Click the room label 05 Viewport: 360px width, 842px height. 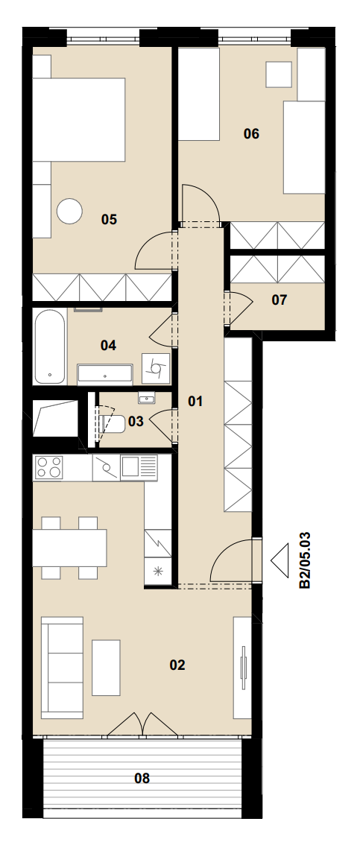[x=109, y=219]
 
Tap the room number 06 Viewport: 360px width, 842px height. [x=251, y=133]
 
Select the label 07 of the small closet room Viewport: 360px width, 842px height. [x=279, y=300]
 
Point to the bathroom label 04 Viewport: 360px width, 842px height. [x=109, y=345]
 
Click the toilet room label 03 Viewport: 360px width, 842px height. [x=136, y=422]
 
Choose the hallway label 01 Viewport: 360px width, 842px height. [x=195, y=401]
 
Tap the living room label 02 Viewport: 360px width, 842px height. [x=177, y=665]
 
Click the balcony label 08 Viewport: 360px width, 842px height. [x=142, y=778]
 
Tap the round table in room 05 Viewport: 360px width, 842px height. [x=70, y=211]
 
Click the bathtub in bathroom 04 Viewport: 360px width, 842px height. [x=50, y=347]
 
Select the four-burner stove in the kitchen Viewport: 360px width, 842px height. [x=48, y=468]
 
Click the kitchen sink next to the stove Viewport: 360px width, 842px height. [x=139, y=467]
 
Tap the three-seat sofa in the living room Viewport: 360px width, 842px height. [x=63, y=668]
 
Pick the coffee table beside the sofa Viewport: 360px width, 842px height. [x=106, y=668]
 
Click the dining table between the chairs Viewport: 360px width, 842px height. [x=69, y=548]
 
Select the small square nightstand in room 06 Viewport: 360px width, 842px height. [x=279, y=74]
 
